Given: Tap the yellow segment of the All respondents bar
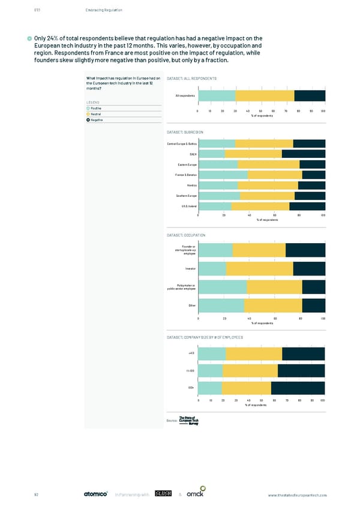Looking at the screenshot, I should (x=265, y=95).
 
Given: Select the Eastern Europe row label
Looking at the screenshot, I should (x=186, y=164).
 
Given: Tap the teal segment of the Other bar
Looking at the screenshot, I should (x=221, y=305).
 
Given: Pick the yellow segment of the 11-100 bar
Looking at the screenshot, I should (x=250, y=371).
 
